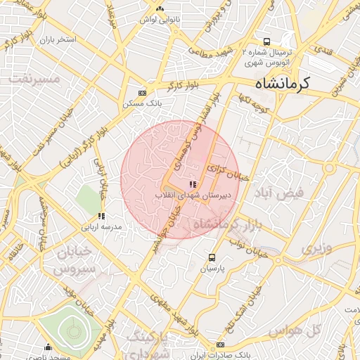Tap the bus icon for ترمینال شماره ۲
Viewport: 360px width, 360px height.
[x=266, y=41]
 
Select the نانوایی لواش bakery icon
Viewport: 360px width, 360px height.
[x=160, y=8]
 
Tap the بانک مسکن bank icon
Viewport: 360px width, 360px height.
[x=142, y=93]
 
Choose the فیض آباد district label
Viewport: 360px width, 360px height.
[x=279, y=192]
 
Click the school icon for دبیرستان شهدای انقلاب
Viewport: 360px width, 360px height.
[x=193, y=184]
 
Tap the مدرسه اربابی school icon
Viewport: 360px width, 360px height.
[x=101, y=216]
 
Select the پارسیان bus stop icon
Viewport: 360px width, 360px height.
[x=212, y=257]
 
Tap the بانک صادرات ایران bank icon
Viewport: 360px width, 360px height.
[x=220, y=345]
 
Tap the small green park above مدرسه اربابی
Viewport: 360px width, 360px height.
[x=88, y=197]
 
